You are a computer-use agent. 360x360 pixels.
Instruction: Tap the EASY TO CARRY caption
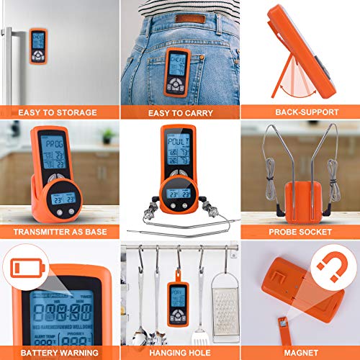click(179, 112)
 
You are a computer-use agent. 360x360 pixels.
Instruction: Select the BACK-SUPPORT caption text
click(300, 112)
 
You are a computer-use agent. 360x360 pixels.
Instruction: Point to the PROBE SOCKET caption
click(300, 232)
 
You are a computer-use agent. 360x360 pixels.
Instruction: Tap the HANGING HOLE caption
click(179, 352)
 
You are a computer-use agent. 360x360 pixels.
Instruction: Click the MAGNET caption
click(300, 352)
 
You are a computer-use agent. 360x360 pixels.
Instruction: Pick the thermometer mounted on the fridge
click(37, 45)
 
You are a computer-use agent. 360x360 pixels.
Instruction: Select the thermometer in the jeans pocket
click(177, 72)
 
